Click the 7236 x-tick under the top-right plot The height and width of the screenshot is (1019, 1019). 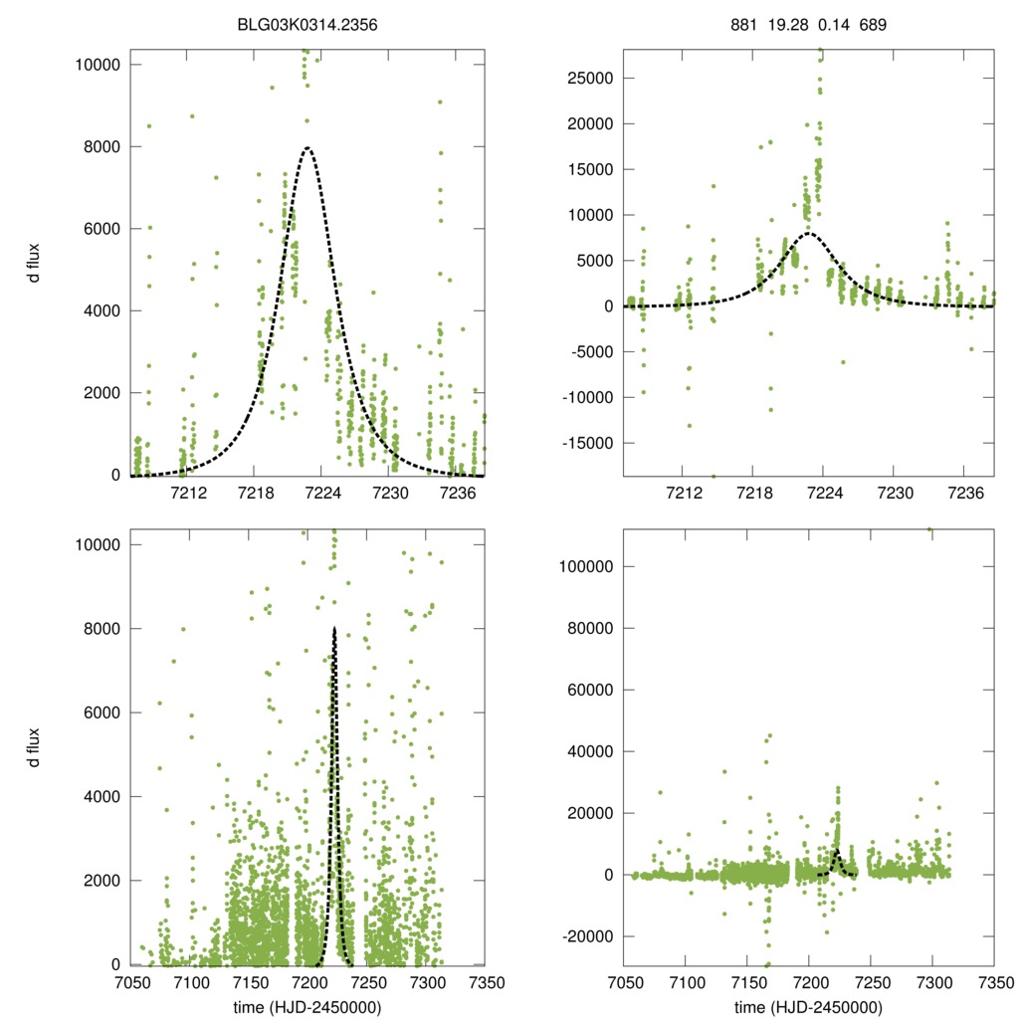(953, 493)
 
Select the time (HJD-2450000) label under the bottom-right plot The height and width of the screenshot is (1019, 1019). (808, 1007)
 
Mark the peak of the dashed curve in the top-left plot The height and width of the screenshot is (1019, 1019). (307, 148)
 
